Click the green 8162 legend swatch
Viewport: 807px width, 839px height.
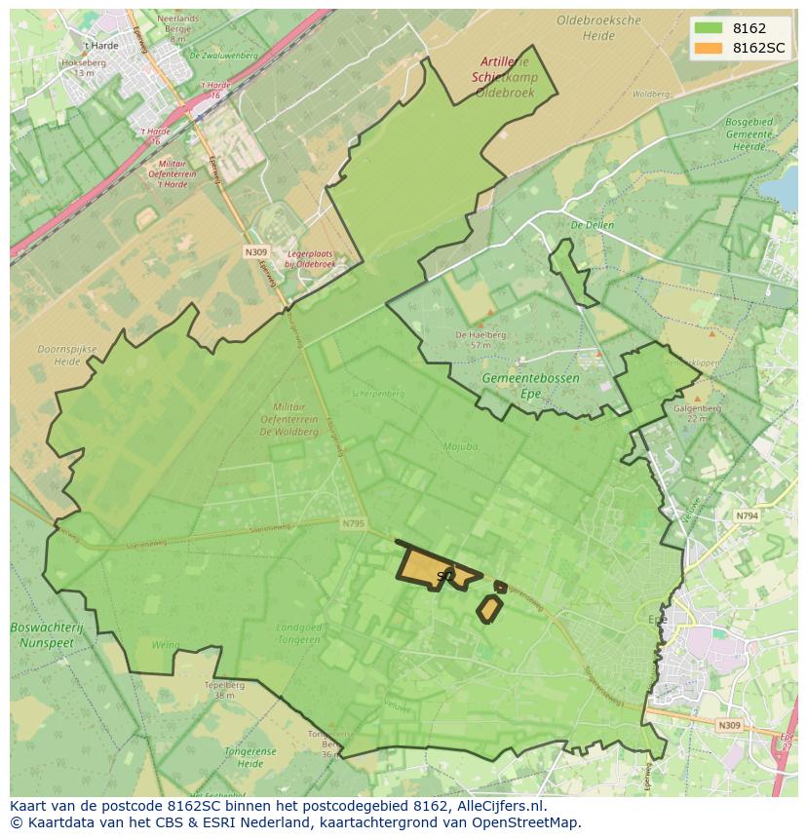coord(709,28)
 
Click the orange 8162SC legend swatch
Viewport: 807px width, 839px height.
coord(709,48)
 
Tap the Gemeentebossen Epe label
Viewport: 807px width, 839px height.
coord(530,384)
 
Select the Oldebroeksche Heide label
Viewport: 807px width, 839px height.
coord(599,27)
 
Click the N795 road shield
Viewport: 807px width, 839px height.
coord(353,524)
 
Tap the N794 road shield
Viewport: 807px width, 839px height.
coord(747,515)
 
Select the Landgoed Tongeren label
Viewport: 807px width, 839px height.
coord(298,632)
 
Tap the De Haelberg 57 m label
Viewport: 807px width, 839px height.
coord(480,339)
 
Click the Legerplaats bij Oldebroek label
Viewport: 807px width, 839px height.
coord(309,258)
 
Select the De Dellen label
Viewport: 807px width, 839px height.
coord(592,225)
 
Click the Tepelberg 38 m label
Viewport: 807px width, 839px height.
coord(223,690)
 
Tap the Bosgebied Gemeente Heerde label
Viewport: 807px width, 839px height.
coord(749,133)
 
